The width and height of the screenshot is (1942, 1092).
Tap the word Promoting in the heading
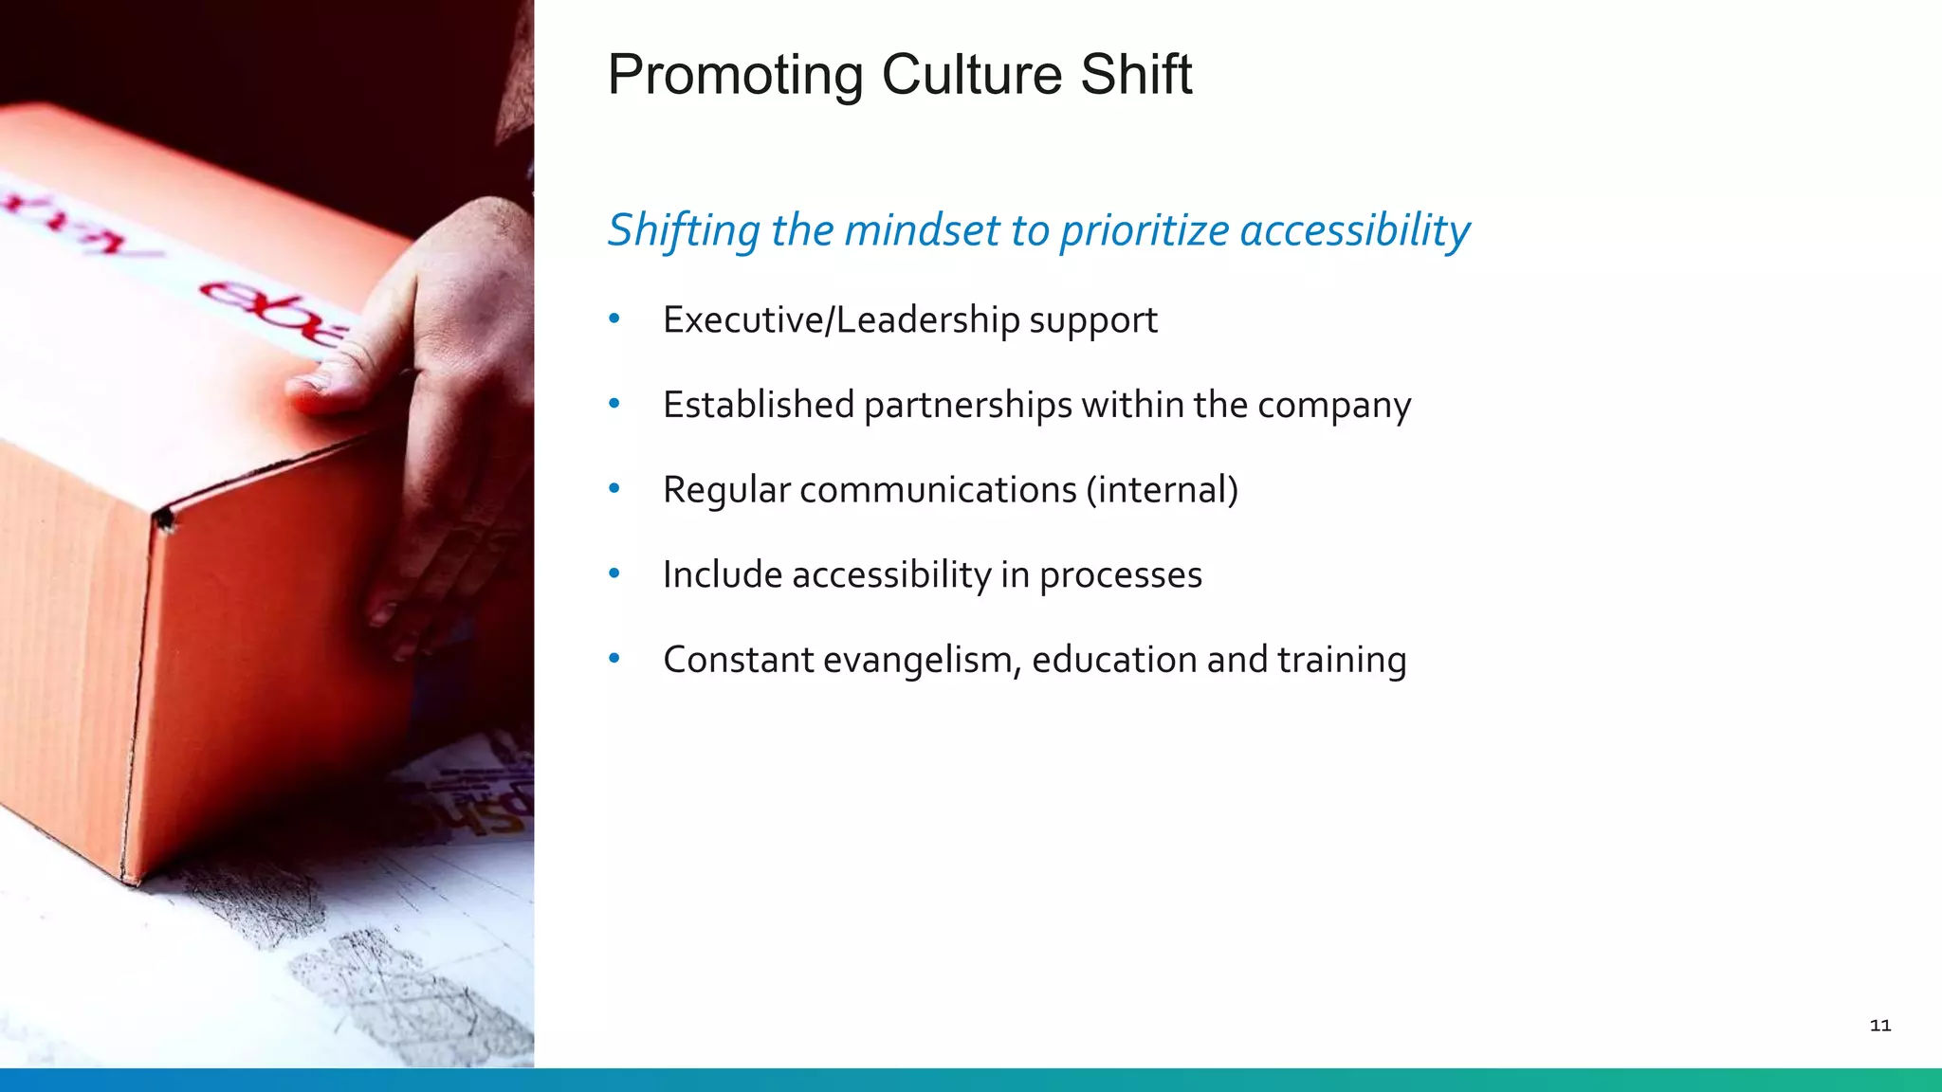[x=735, y=77]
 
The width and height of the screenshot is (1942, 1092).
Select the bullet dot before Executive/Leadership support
[x=614, y=319]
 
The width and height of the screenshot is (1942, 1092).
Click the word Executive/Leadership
[x=840, y=320]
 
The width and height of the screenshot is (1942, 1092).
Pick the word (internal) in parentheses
[x=1162, y=490]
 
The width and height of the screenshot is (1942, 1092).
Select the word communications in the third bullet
[x=938, y=490]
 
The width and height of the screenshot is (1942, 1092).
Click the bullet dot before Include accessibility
[x=614, y=573]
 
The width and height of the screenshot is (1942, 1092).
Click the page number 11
[x=1879, y=1025]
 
